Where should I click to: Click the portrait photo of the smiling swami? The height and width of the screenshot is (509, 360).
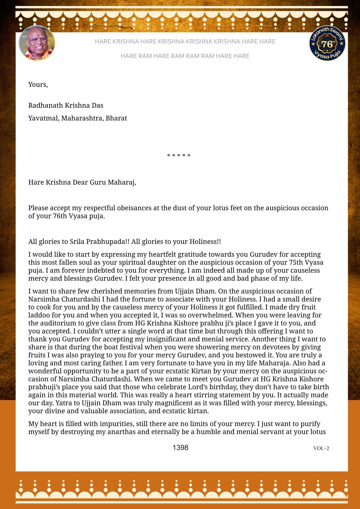pyautogui.click(x=37, y=43)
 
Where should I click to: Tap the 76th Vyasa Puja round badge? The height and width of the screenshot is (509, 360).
pyautogui.click(x=327, y=43)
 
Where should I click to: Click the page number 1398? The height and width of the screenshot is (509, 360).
pyautogui.click(x=180, y=448)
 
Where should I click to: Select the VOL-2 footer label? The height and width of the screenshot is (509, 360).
pyautogui.click(x=321, y=448)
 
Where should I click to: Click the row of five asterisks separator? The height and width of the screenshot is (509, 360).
pyautogui.click(x=179, y=156)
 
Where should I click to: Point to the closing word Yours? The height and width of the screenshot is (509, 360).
pyautogui.click(x=38, y=84)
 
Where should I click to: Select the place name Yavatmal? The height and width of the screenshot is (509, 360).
pyautogui.click(x=44, y=118)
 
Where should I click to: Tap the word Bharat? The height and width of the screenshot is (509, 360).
pyautogui.click(x=116, y=118)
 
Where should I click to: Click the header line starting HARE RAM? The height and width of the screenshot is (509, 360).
pyautogui.click(x=185, y=56)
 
